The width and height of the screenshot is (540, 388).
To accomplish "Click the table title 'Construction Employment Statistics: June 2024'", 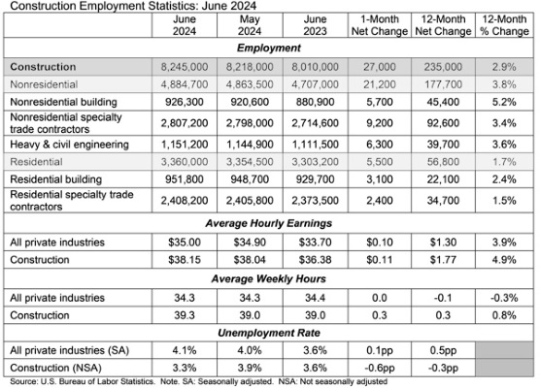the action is pyautogui.click(x=133, y=6).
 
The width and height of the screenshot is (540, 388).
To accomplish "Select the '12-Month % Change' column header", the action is pyautogui.click(x=504, y=25).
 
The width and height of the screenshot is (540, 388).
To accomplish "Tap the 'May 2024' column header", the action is pyautogui.click(x=250, y=25).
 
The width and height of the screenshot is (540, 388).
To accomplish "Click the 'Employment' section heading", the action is pyautogui.click(x=269, y=48).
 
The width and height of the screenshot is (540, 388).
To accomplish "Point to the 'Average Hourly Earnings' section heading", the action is pyautogui.click(x=269, y=223).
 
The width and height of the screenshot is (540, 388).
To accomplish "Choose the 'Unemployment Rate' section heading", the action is pyautogui.click(x=269, y=333).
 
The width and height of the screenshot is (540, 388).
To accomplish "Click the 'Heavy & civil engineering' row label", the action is pyautogui.click(x=69, y=145).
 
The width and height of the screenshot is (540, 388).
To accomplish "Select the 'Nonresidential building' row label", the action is pyautogui.click(x=64, y=102).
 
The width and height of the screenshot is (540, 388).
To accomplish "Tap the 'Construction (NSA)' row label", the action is pyautogui.click(x=55, y=368).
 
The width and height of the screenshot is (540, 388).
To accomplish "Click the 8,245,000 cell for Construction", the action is pyautogui.click(x=185, y=67).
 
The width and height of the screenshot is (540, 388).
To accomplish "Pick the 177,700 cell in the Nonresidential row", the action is pyautogui.click(x=443, y=84).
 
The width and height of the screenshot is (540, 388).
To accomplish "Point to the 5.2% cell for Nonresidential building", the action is pyautogui.click(x=504, y=102).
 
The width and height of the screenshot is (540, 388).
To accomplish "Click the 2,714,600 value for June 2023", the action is pyautogui.click(x=315, y=123).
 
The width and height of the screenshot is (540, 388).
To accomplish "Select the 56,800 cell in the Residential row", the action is pyautogui.click(x=443, y=162).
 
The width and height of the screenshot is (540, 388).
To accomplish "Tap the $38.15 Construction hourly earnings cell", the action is pyautogui.click(x=185, y=260).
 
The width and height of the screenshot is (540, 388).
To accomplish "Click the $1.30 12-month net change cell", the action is pyautogui.click(x=443, y=242).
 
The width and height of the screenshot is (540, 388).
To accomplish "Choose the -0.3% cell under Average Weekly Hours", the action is pyautogui.click(x=504, y=298).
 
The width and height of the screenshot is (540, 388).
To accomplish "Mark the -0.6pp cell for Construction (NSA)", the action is pyautogui.click(x=379, y=368).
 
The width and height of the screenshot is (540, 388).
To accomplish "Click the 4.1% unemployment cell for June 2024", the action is pyautogui.click(x=185, y=350).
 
